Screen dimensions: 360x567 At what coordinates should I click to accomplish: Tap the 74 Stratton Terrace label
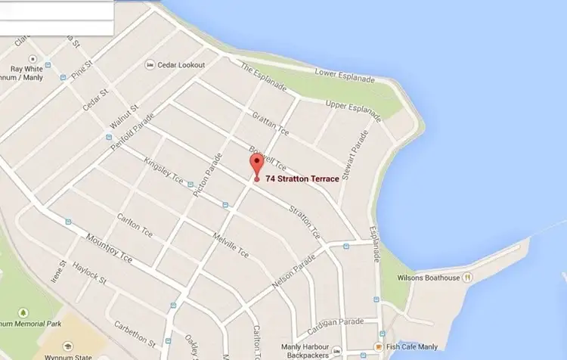tap(302, 178)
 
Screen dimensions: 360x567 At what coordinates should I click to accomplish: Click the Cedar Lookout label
tap(181, 65)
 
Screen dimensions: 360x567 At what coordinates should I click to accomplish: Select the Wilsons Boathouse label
tap(428, 278)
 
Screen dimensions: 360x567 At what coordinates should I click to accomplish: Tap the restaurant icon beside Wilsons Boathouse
tap(469, 278)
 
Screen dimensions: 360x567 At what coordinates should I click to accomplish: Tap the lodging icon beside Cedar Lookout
tap(150, 65)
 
